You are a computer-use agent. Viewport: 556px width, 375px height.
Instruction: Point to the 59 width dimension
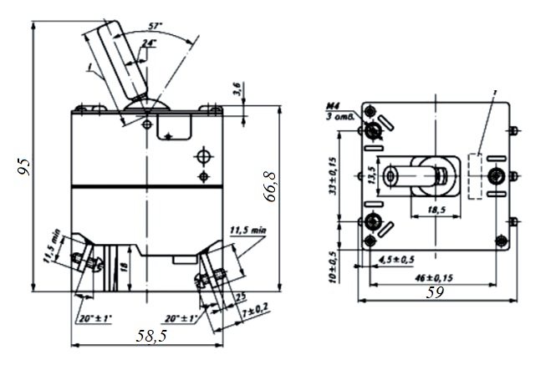pyautogui.click(x=435, y=293)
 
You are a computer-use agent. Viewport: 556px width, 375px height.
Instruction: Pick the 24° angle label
pyautogui.click(x=148, y=43)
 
